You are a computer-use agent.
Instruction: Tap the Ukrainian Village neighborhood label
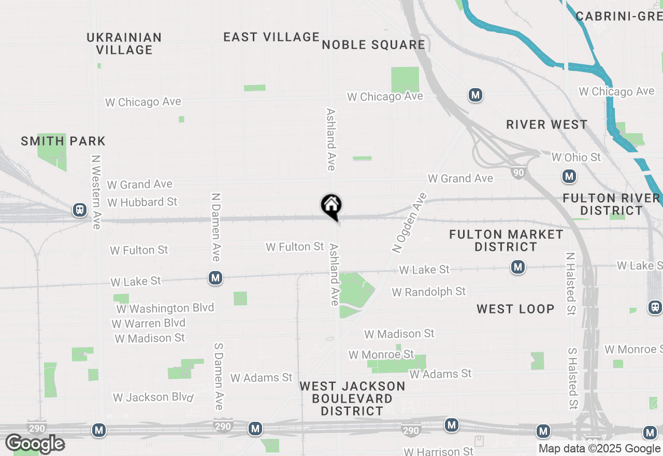(x=124, y=44)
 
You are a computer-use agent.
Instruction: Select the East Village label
(x=271, y=37)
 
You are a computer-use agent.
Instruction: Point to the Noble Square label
(x=373, y=45)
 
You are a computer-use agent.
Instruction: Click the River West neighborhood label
(x=546, y=124)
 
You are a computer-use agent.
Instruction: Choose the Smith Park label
(x=63, y=141)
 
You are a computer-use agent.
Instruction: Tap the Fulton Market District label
(x=506, y=240)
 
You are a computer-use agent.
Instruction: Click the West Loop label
(x=515, y=309)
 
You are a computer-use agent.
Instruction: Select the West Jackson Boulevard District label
(x=352, y=398)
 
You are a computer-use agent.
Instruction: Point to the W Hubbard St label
(x=142, y=202)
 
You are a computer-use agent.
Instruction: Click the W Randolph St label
(x=429, y=292)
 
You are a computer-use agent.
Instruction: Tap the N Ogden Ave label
(x=409, y=223)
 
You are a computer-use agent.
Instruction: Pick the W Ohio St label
(x=576, y=157)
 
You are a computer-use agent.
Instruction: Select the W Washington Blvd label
(x=165, y=308)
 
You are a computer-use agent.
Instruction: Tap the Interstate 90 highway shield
(x=518, y=172)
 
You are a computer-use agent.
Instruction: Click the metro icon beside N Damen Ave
(x=215, y=278)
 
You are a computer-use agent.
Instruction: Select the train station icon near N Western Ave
(x=80, y=210)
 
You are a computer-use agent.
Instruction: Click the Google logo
(x=35, y=444)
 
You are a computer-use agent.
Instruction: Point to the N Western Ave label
(x=96, y=192)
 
